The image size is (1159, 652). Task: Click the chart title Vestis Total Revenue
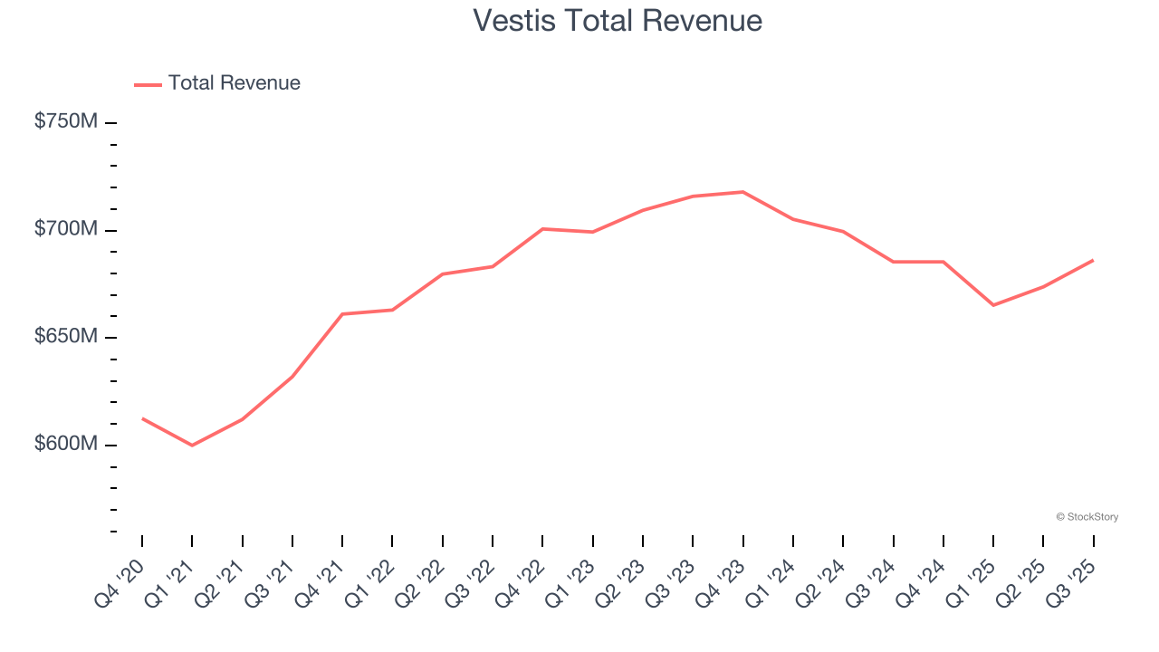(x=618, y=21)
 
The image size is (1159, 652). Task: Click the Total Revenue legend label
(x=234, y=83)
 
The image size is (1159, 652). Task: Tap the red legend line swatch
(x=148, y=84)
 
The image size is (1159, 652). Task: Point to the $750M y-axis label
(x=65, y=121)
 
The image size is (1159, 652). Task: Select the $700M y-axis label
(x=65, y=229)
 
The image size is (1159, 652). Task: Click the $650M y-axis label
(x=65, y=337)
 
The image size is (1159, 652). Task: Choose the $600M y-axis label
(x=65, y=445)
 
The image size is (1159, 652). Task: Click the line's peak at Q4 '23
(x=742, y=192)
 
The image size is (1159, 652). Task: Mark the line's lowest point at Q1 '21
(x=192, y=446)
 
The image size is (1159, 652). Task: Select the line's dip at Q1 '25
(x=993, y=305)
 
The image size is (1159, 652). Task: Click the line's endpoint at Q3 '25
(x=1093, y=261)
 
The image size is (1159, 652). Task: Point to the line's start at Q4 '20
(x=142, y=418)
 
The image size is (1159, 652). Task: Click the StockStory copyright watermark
(x=1087, y=517)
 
